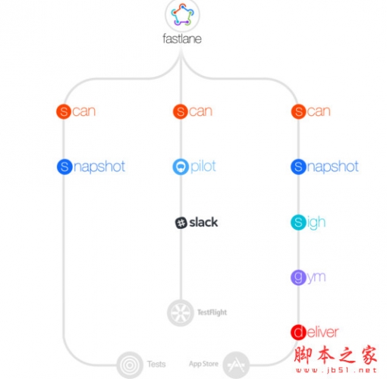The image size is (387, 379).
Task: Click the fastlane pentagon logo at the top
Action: (182, 14)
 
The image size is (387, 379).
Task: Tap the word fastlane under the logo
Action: (182, 39)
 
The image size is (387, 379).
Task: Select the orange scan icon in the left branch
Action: (64, 111)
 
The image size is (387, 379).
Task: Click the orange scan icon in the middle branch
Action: (181, 111)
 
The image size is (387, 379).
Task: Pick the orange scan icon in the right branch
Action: (299, 111)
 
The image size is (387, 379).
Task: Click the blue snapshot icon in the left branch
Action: (64, 167)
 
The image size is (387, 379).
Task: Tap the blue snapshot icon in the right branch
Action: (298, 167)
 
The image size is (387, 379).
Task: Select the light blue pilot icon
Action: (181, 167)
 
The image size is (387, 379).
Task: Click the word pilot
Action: (203, 167)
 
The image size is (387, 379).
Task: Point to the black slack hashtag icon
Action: (181, 223)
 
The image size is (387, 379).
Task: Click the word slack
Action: (203, 222)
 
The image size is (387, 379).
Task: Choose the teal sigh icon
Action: (298, 222)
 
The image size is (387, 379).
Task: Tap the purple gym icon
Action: (298, 277)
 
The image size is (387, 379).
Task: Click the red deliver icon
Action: (298, 332)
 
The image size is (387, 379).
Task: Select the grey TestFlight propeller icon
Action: (181, 313)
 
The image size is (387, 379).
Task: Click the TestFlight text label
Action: (212, 312)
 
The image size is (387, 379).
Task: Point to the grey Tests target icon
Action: (130, 365)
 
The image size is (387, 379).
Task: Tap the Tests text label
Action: (156, 364)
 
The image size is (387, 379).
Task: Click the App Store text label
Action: (203, 364)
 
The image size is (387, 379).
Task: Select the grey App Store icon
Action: (236, 365)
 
